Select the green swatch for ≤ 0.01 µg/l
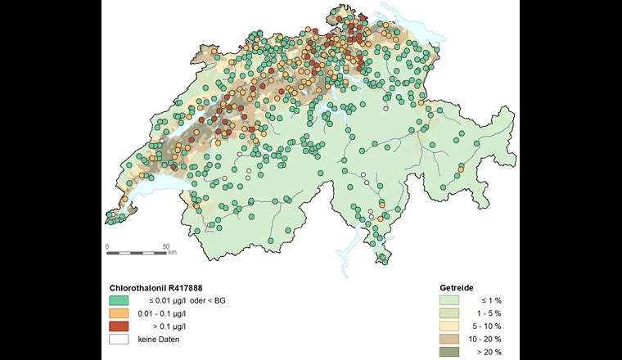coord(119,301)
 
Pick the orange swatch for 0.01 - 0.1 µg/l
coord(119,313)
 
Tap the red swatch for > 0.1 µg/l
coord(119,326)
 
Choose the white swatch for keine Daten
coord(119,340)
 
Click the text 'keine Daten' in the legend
coord(159,340)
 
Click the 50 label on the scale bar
coord(166,245)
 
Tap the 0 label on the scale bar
coord(107,245)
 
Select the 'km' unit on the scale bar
coord(173,253)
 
